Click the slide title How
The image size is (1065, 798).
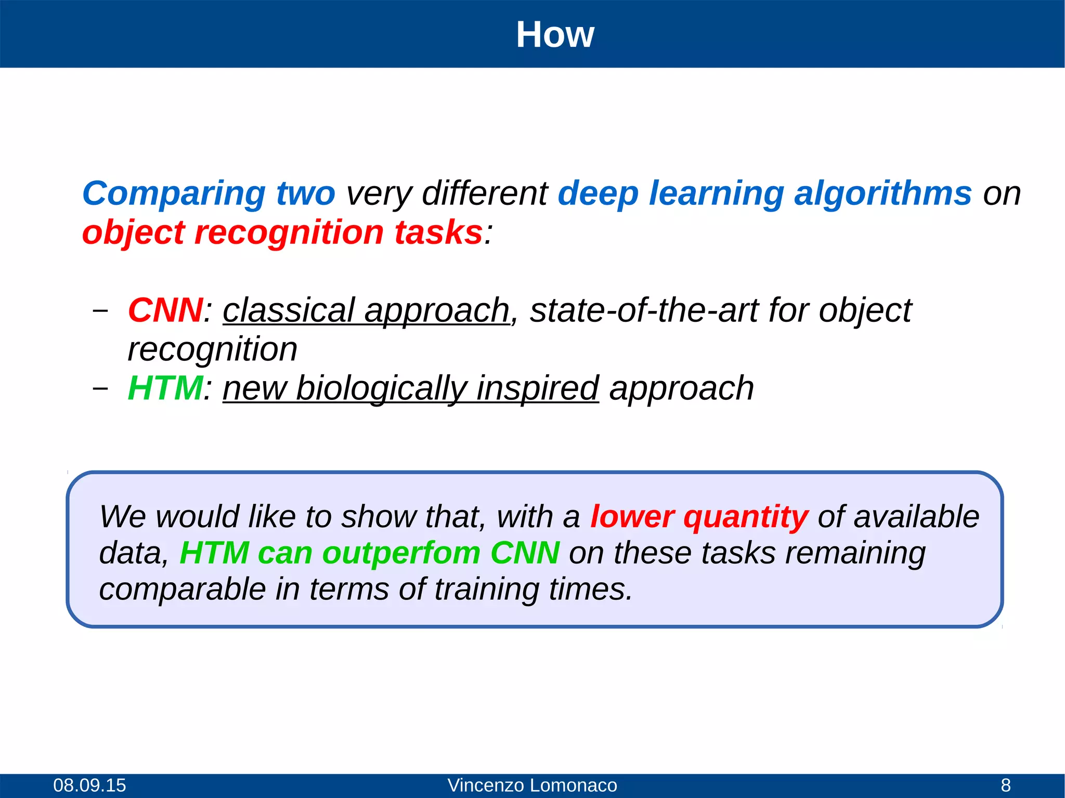[x=554, y=35]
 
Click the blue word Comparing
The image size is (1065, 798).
[x=174, y=194]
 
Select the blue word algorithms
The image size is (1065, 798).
[x=882, y=194]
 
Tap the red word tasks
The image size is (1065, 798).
[x=438, y=232]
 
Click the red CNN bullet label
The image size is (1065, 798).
[x=165, y=310]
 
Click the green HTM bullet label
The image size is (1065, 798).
[x=165, y=388]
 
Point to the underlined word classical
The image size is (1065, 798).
[x=289, y=310]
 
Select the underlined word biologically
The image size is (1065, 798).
[x=381, y=388]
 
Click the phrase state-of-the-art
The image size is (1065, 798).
[x=644, y=310]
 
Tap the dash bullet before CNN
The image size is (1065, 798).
[x=100, y=310]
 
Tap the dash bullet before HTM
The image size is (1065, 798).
[x=100, y=388]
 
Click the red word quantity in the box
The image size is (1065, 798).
[x=745, y=517]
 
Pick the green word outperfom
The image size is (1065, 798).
[x=401, y=553]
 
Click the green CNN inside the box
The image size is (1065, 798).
[x=525, y=553]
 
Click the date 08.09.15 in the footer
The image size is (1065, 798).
[x=89, y=785]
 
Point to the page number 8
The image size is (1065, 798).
[x=1006, y=785]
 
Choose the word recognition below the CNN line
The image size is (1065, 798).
[x=212, y=349]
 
